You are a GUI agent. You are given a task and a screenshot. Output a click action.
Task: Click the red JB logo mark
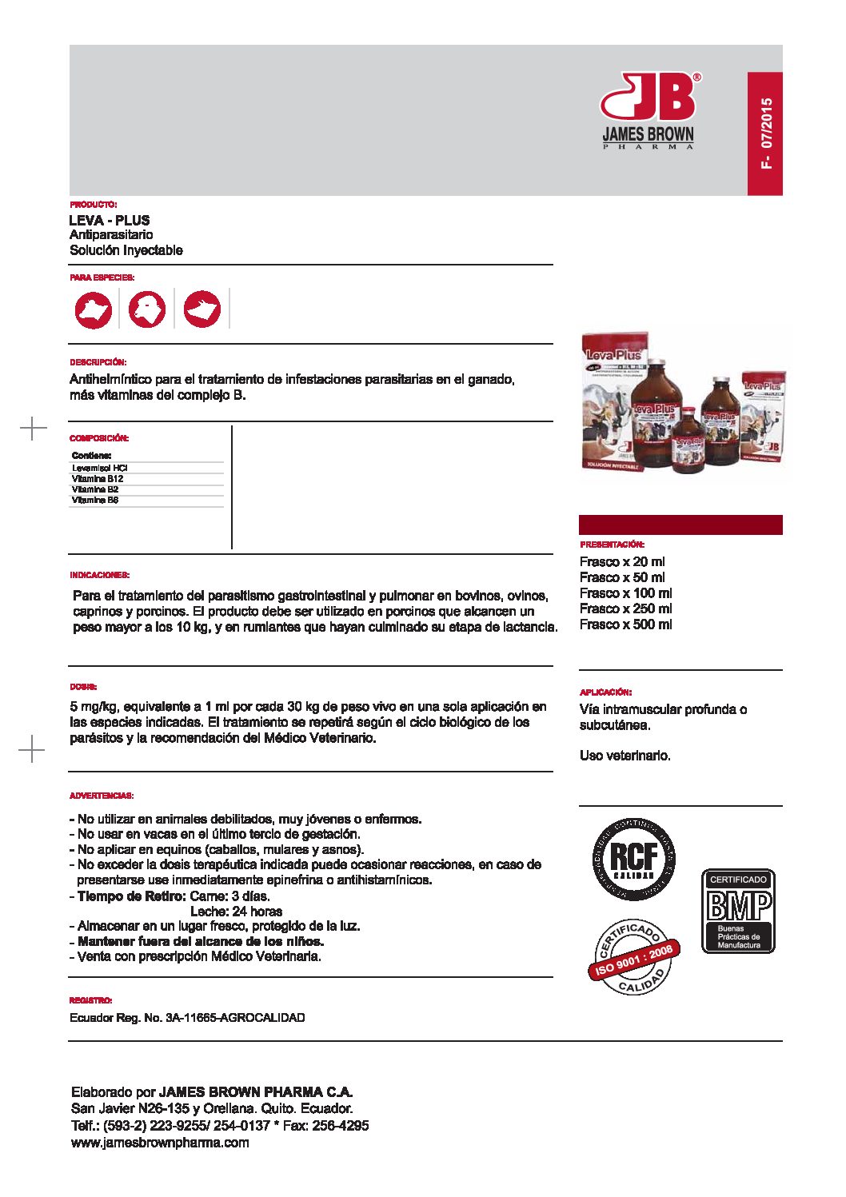coord(648,97)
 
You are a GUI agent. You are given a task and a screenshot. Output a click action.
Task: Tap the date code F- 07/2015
coord(766,134)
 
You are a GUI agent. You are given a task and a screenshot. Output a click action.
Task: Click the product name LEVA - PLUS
coord(110,220)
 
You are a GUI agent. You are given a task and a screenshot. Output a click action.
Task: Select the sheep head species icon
coord(148,309)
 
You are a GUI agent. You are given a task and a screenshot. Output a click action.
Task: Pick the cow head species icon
coord(94,309)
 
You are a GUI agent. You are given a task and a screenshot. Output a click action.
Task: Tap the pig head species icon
coord(202,309)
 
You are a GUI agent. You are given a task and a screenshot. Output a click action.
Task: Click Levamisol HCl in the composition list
coord(100,468)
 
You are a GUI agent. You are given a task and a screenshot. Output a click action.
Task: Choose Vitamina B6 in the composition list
coord(95,501)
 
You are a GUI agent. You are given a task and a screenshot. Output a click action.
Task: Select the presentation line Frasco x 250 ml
coord(625,608)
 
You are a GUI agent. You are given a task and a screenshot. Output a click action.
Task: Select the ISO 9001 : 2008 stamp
coord(634,956)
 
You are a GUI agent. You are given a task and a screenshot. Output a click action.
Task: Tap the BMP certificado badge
coord(738,911)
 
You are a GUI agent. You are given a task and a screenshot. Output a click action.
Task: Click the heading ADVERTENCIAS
coord(102,796)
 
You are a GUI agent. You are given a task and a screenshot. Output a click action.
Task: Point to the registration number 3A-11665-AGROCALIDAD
coord(235,1018)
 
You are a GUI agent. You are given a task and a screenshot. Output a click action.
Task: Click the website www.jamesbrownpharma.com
coord(160,1143)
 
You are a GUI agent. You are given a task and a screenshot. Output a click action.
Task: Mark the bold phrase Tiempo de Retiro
coord(132,896)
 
